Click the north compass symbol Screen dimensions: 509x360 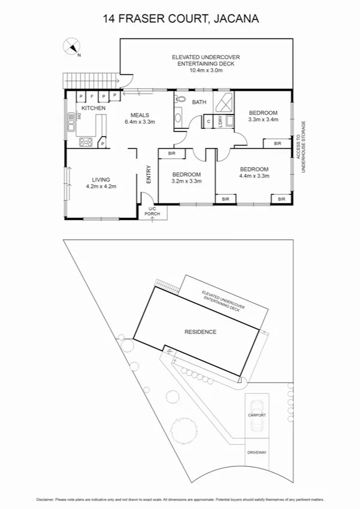[x=72, y=47]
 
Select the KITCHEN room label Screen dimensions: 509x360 [x=93, y=108]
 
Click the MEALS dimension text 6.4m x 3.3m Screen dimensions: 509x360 [x=140, y=122]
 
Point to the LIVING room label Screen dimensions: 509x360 [x=100, y=179]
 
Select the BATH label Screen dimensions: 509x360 [x=199, y=102]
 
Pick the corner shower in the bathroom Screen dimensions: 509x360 [x=222, y=101]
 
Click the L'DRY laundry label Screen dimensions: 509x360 [x=220, y=122]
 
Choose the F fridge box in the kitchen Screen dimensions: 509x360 [x=92, y=96]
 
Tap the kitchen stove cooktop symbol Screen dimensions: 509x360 [x=85, y=142]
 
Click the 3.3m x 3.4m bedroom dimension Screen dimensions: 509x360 [x=263, y=119]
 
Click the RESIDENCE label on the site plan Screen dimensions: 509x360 [x=200, y=332]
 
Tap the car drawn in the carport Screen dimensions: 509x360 [x=257, y=414]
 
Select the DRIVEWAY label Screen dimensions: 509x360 [x=257, y=453]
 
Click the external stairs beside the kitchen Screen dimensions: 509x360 [x=89, y=79]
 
